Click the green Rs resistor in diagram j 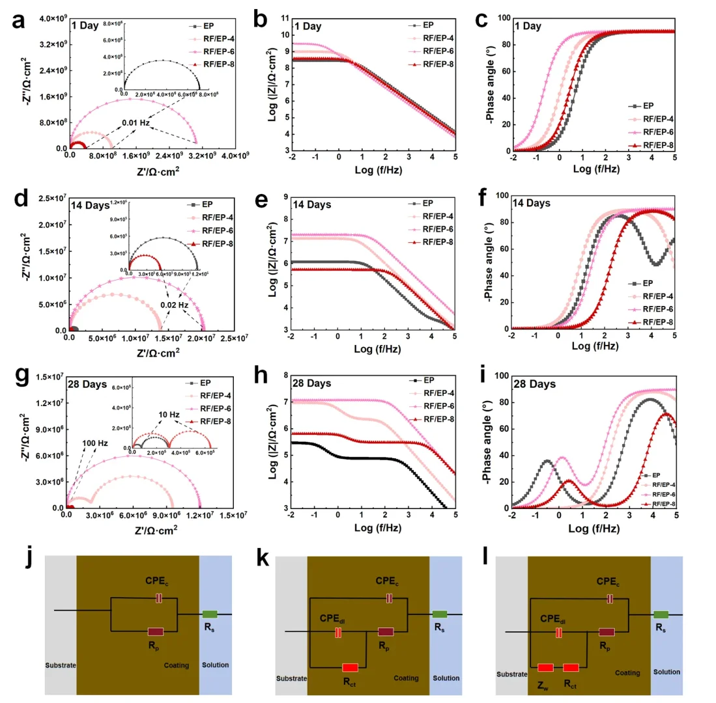pos(209,614)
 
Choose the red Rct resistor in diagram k pos(350,667)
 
